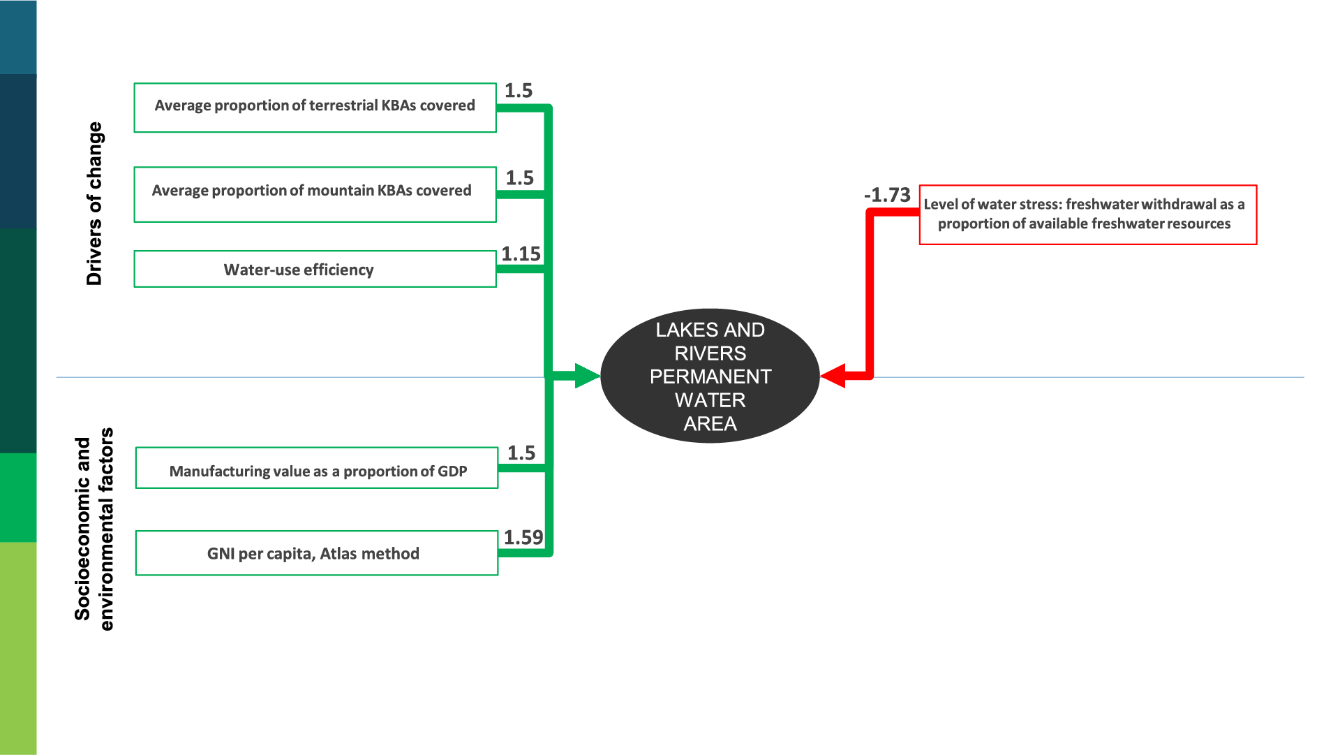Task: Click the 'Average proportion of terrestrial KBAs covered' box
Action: pos(315,108)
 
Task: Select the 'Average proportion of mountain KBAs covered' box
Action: pos(315,194)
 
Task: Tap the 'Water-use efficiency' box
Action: pos(315,269)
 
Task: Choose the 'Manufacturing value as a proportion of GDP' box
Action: pos(316,467)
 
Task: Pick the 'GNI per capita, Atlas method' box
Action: pos(316,553)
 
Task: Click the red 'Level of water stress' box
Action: pos(1087,214)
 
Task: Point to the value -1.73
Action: pos(887,195)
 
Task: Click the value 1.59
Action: pos(523,537)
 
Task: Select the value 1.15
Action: pos(521,254)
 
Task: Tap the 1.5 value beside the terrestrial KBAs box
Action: pos(519,91)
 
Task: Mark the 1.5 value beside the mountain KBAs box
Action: pos(520,178)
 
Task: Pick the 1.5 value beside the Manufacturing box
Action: pos(521,453)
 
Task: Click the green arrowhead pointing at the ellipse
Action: pos(586,376)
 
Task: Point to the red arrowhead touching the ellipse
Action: pos(834,376)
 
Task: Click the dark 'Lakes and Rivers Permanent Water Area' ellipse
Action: pos(710,376)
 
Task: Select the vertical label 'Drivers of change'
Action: pos(94,203)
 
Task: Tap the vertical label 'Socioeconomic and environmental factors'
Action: pos(94,529)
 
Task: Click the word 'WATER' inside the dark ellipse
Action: pos(710,400)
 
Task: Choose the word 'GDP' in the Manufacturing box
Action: pos(452,471)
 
